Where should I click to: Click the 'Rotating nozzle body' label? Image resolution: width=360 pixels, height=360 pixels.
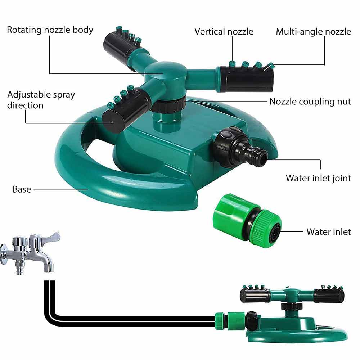[x=50, y=30]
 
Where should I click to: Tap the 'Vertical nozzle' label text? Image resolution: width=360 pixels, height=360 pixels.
[x=224, y=31]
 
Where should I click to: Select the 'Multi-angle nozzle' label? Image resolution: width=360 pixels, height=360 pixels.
[x=314, y=32]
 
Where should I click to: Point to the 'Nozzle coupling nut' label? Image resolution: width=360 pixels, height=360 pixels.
[x=310, y=102]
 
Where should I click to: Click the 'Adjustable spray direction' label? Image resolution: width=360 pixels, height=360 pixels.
[x=41, y=100]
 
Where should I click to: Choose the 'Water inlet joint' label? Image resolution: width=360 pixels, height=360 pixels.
[x=318, y=178]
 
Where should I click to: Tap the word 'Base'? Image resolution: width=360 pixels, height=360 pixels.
[x=22, y=189]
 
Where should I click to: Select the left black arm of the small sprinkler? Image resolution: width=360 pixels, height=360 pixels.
[x=255, y=295]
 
